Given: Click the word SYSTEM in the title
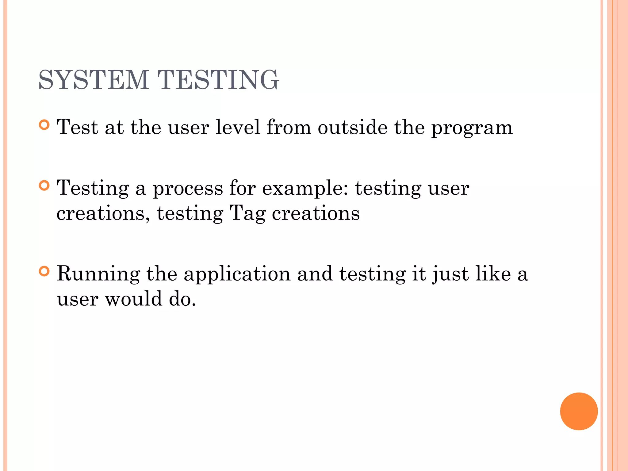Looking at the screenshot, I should [94, 80].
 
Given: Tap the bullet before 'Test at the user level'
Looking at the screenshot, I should [44, 125].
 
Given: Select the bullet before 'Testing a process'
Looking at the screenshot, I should [44, 186].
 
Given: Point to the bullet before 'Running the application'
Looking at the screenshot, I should [44, 271].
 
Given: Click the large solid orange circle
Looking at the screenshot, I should [579, 411].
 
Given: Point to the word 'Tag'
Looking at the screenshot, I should [247, 214].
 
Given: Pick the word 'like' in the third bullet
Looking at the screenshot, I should [493, 274].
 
